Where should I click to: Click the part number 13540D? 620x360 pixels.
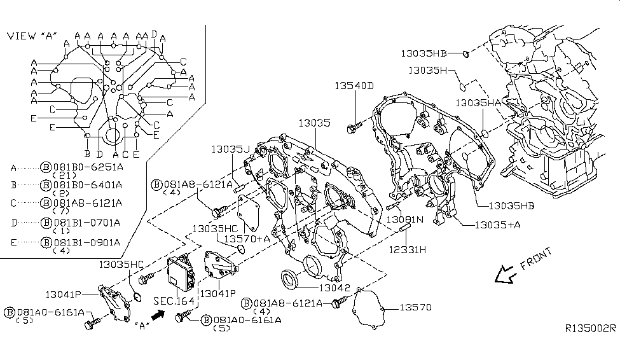[355, 86]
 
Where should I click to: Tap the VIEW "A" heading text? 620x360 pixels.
[31, 36]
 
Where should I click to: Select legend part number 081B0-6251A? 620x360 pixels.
[86, 167]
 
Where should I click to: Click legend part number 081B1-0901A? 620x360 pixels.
[86, 242]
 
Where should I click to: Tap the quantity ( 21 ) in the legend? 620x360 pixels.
[64, 175]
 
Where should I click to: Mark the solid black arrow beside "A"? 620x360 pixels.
[158, 314]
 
